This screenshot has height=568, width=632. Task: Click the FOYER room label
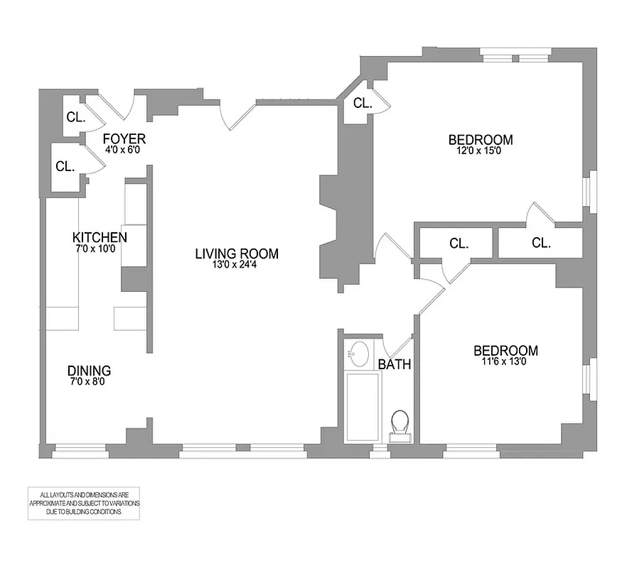click(124, 138)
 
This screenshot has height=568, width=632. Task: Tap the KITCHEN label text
click(100, 237)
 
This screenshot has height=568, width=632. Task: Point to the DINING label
click(89, 371)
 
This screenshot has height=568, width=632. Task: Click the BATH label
click(395, 365)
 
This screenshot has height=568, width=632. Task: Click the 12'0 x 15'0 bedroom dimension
click(480, 151)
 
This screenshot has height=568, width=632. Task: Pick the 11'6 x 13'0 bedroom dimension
click(505, 361)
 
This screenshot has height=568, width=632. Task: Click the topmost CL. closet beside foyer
click(76, 117)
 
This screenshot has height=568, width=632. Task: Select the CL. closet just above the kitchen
click(65, 167)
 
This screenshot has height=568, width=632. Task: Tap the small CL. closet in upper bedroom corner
click(363, 104)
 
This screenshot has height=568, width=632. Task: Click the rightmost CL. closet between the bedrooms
click(540, 243)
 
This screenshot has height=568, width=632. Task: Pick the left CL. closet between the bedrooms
click(459, 243)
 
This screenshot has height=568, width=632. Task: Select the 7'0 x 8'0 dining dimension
click(89, 382)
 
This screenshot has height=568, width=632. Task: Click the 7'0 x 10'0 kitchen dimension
click(100, 248)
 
